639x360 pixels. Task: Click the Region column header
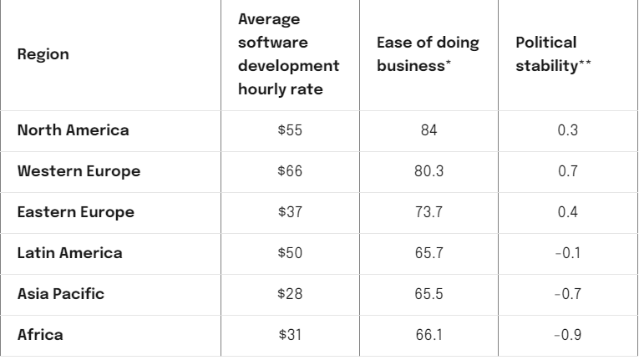click(x=43, y=54)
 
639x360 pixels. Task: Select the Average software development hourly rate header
click(x=289, y=54)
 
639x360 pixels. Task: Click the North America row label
click(x=74, y=131)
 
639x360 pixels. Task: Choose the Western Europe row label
click(x=79, y=172)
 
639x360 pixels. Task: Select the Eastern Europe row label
click(x=76, y=212)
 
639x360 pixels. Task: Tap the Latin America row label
click(x=69, y=253)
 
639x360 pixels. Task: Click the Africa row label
click(x=40, y=335)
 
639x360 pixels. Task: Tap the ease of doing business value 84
click(x=431, y=131)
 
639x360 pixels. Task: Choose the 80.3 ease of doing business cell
click(x=431, y=172)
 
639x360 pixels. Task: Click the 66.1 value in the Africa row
click(x=431, y=335)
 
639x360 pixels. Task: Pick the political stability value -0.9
click(x=568, y=335)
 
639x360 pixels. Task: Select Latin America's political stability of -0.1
click(x=568, y=253)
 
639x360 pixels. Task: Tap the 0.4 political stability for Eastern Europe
click(x=569, y=212)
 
